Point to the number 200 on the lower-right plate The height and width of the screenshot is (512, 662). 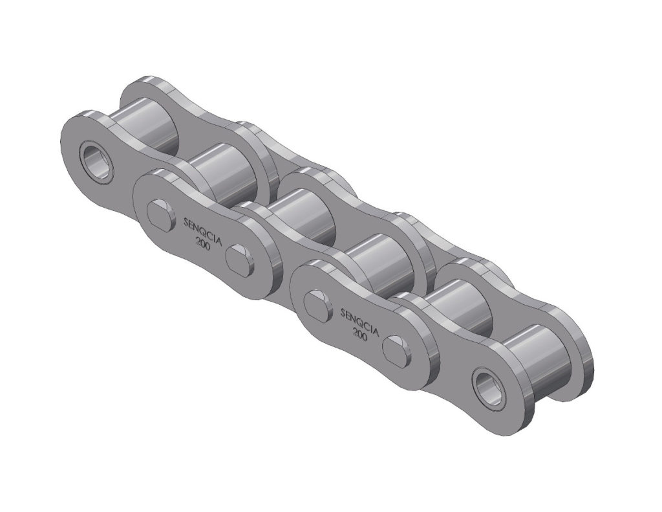coord(360,334)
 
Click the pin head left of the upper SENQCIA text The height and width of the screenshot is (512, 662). coord(160,213)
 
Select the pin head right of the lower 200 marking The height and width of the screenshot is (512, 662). coord(396,348)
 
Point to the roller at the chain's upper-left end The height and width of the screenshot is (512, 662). coord(144,126)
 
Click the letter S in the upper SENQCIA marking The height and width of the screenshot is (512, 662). coord(187,222)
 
